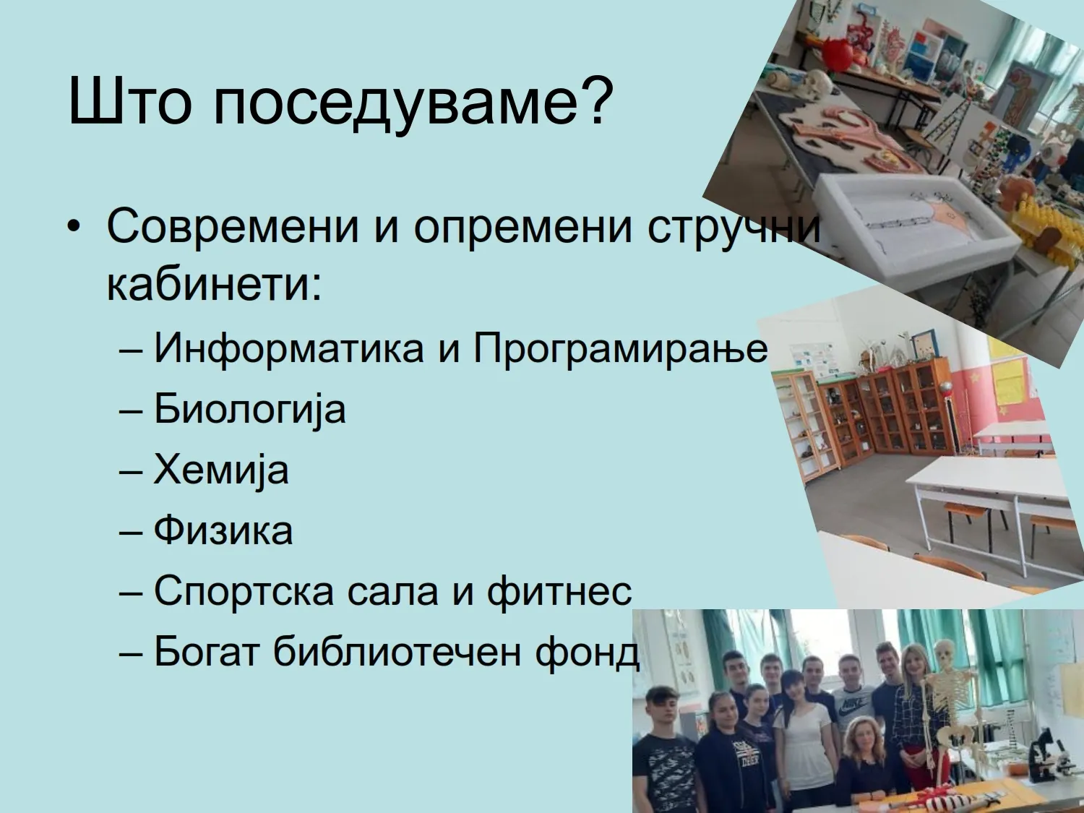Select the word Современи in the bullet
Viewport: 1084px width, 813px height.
233,227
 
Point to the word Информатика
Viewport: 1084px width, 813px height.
289,348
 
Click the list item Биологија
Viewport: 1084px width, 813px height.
250,410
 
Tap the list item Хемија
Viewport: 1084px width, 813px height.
221,470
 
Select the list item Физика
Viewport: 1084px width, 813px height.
223,530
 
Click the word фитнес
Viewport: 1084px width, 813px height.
559,591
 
